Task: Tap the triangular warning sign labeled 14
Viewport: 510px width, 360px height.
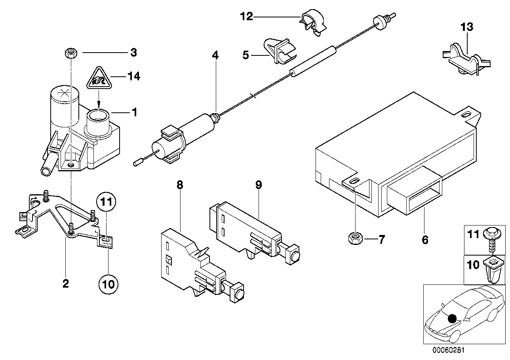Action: pyautogui.click(x=97, y=78)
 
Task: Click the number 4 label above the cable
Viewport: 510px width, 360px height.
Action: pyautogui.click(x=215, y=55)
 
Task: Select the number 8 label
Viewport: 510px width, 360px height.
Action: pyautogui.click(x=180, y=184)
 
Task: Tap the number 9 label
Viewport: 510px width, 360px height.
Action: pyautogui.click(x=258, y=184)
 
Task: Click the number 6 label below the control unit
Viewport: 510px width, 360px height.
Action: pyautogui.click(x=425, y=240)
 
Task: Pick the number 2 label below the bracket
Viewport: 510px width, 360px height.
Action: pyautogui.click(x=65, y=283)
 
